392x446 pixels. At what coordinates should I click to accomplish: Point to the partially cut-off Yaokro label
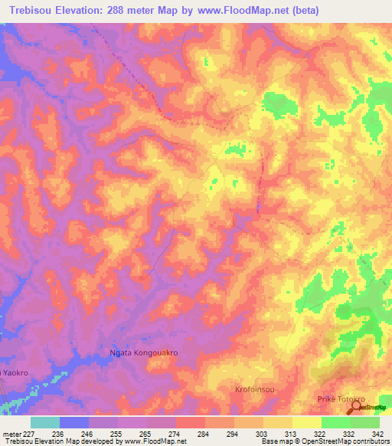(x=14, y=372)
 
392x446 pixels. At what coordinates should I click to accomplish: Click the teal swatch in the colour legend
(x=44, y=422)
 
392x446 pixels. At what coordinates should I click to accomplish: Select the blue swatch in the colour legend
(x=74, y=422)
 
